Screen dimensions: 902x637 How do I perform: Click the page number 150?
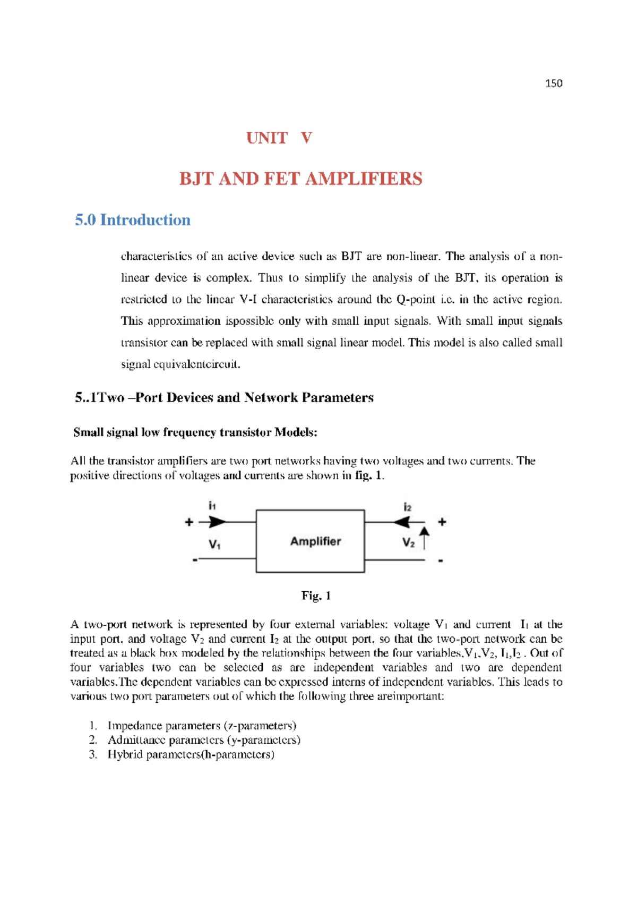point(553,83)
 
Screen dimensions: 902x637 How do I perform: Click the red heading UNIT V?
point(279,138)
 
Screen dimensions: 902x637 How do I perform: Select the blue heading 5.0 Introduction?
point(132,220)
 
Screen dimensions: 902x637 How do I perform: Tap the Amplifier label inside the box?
point(315,541)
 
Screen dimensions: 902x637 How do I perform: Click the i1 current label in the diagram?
point(212,506)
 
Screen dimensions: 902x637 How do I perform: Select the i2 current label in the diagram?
point(407,507)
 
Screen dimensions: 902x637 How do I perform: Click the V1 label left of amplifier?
point(214,544)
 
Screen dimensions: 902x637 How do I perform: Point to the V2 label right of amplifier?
point(408,542)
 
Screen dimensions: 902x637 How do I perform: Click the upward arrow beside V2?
point(424,537)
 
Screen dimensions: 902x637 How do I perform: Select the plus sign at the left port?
point(189,522)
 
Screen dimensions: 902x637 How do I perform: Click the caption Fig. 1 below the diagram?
point(316,595)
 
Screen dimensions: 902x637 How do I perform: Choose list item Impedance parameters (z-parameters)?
point(202,726)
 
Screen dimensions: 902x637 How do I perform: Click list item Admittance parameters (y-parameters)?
point(204,740)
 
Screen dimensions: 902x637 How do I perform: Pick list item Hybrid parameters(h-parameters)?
point(191,754)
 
